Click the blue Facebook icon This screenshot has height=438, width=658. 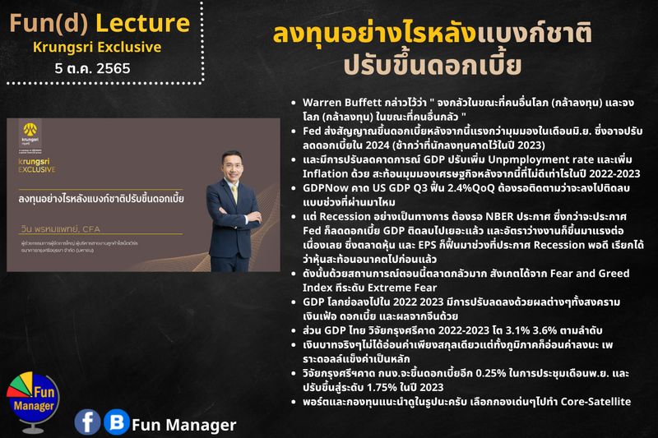pyautogui.click(x=87, y=422)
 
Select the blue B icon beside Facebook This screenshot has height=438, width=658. pyautogui.click(x=117, y=422)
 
